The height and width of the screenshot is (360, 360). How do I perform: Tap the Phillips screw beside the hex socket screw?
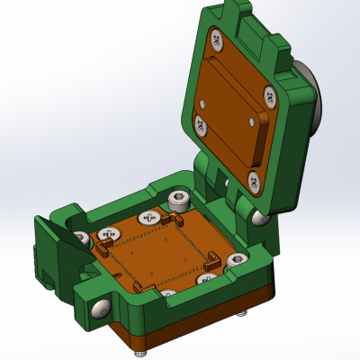(148, 218)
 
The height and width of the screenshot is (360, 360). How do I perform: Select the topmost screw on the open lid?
(217, 39)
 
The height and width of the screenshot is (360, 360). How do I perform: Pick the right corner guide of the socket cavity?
(213, 261)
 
